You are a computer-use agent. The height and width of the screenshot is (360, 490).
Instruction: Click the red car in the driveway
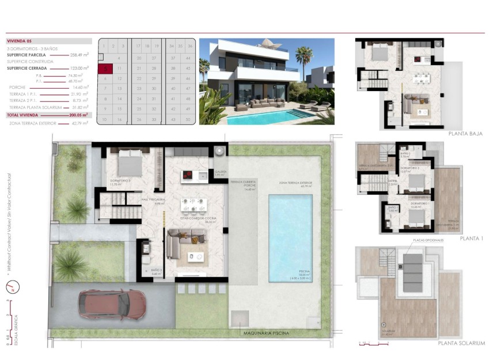tap(112, 304)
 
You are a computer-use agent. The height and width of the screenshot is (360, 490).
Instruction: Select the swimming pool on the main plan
tap(291, 237)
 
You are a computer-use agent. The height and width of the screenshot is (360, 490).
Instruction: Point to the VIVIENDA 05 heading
tap(23, 41)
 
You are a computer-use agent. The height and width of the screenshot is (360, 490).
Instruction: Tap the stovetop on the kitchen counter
tap(188, 176)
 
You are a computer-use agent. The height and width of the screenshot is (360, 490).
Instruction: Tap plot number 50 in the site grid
tap(188, 119)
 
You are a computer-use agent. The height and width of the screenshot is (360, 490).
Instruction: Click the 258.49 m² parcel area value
tap(79, 55)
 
